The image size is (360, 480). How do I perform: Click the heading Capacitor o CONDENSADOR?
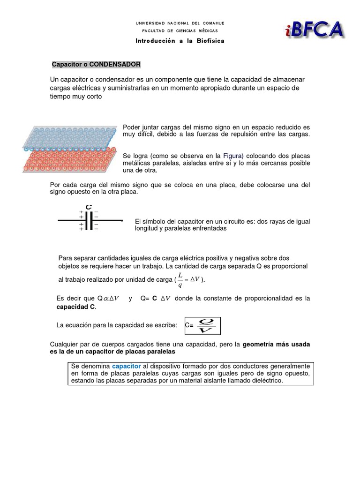[x=96, y=64]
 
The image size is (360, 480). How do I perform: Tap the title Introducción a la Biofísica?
[x=180, y=41]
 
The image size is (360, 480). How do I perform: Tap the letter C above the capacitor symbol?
[x=88, y=207]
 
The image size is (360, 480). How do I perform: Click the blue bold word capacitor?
[x=127, y=366]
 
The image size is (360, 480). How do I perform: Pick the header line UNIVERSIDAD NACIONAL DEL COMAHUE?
[x=180, y=22]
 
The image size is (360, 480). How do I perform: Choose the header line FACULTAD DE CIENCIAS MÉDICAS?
[x=180, y=30]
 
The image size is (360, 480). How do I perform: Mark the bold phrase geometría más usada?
[x=276, y=344]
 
